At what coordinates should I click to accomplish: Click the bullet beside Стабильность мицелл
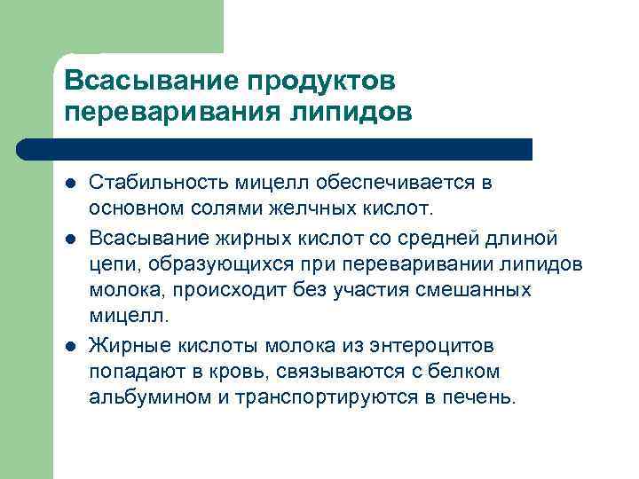click(69, 184)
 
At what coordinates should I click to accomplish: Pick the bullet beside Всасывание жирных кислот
click(69, 238)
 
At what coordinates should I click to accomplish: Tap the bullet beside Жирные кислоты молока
click(69, 345)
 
